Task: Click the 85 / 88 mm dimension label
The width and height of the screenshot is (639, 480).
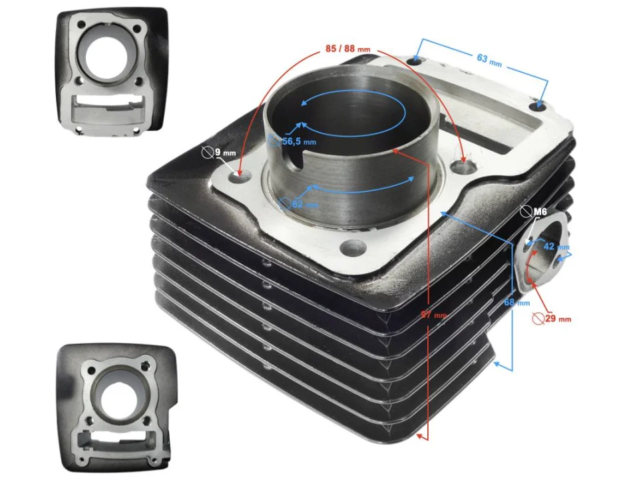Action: click(x=347, y=49)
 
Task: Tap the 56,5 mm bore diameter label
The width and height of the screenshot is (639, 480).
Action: click(x=299, y=142)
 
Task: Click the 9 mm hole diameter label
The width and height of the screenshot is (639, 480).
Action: click(x=224, y=153)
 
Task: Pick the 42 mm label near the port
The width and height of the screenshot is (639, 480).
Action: click(x=550, y=246)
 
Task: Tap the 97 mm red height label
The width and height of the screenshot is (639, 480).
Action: click(x=432, y=315)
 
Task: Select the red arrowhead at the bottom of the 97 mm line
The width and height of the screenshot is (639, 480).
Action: click(x=420, y=436)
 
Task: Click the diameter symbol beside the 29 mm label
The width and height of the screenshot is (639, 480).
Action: click(x=538, y=319)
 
